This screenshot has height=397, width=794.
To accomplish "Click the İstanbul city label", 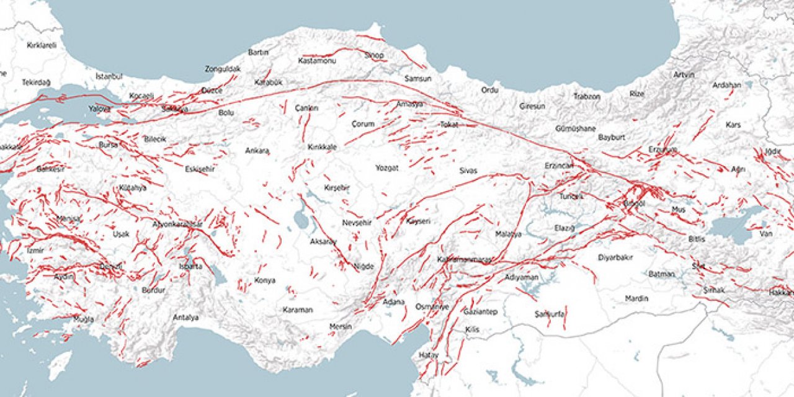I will pos(109,76).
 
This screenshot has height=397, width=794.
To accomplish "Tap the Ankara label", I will pos(257,151).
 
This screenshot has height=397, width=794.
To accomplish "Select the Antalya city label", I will pos(185,318).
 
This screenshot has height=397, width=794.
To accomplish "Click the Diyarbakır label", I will pos(615,257).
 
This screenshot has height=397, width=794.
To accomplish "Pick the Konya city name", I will pos(264,280).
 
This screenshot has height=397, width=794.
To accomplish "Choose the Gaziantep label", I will pos(481,312).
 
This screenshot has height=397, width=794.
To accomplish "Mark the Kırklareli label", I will pos(42,45).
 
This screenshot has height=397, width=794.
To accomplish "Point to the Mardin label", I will pos(636,298).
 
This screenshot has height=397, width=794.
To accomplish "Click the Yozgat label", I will pos(386,168).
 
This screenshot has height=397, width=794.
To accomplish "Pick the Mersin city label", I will pos(341,326).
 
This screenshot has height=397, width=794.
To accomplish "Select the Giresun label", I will pos(532,106).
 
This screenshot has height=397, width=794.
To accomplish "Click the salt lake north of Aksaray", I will pos(302,218).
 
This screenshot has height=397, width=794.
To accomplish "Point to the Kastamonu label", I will pos(316,61).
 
